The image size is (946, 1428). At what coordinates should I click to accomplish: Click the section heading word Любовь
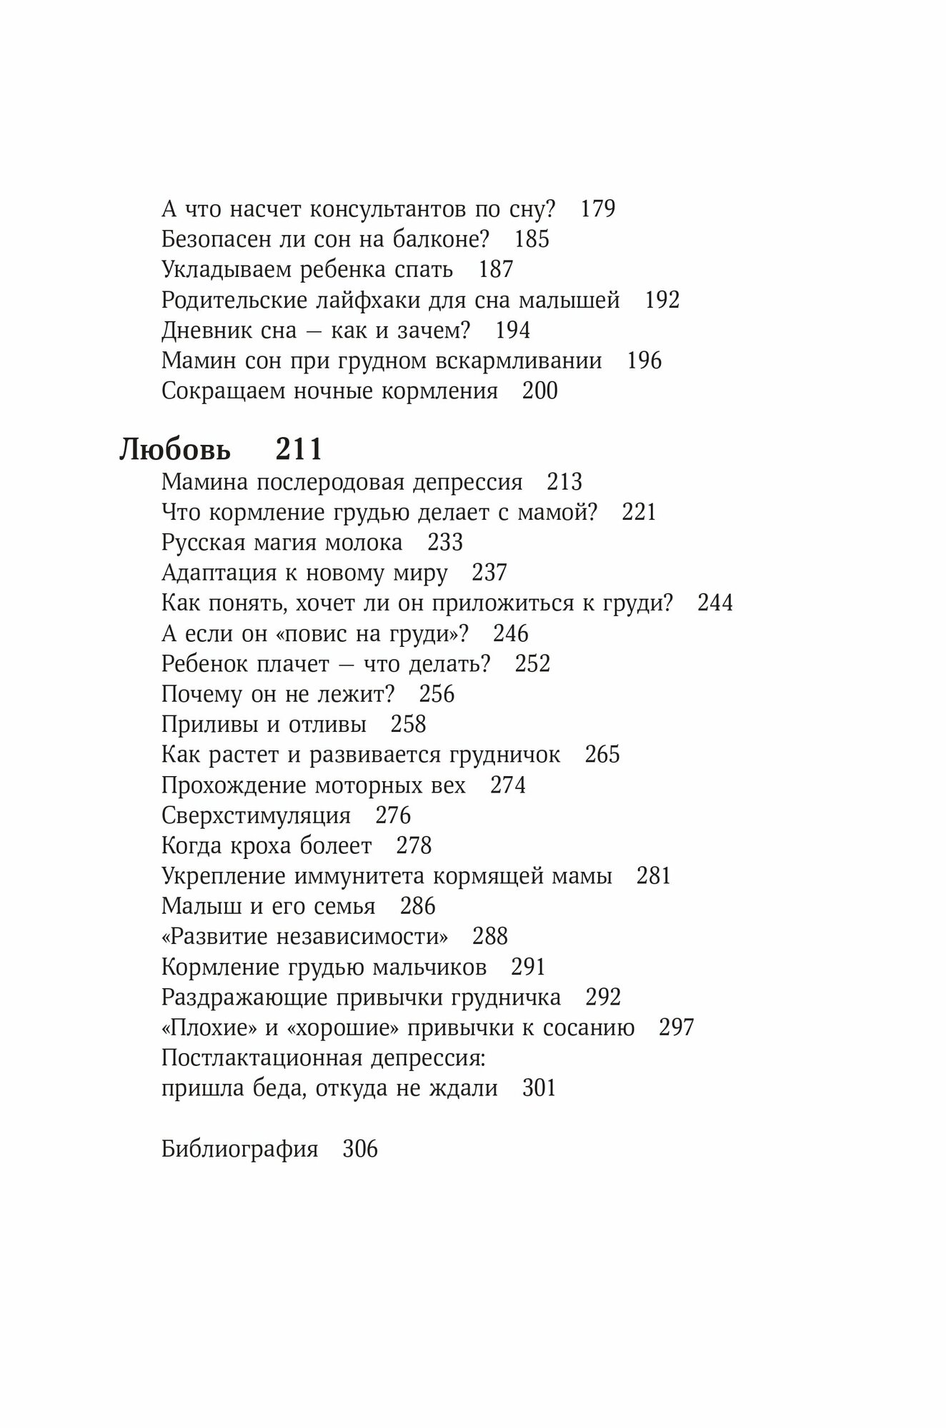[x=175, y=451]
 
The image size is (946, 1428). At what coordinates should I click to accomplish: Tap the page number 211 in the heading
[x=299, y=450]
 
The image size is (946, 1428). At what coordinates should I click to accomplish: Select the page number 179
[x=598, y=208]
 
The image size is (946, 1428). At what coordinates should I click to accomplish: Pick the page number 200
[x=539, y=391]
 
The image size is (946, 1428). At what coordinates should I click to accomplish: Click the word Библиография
[x=239, y=1150]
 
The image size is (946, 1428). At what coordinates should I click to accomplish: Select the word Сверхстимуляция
[x=256, y=815]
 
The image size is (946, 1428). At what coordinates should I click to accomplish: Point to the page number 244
[x=715, y=603]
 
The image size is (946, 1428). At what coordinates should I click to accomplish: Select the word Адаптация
[x=219, y=573]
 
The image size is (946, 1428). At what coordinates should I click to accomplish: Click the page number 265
[x=602, y=755]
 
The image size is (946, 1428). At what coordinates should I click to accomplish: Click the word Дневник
[x=207, y=331]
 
